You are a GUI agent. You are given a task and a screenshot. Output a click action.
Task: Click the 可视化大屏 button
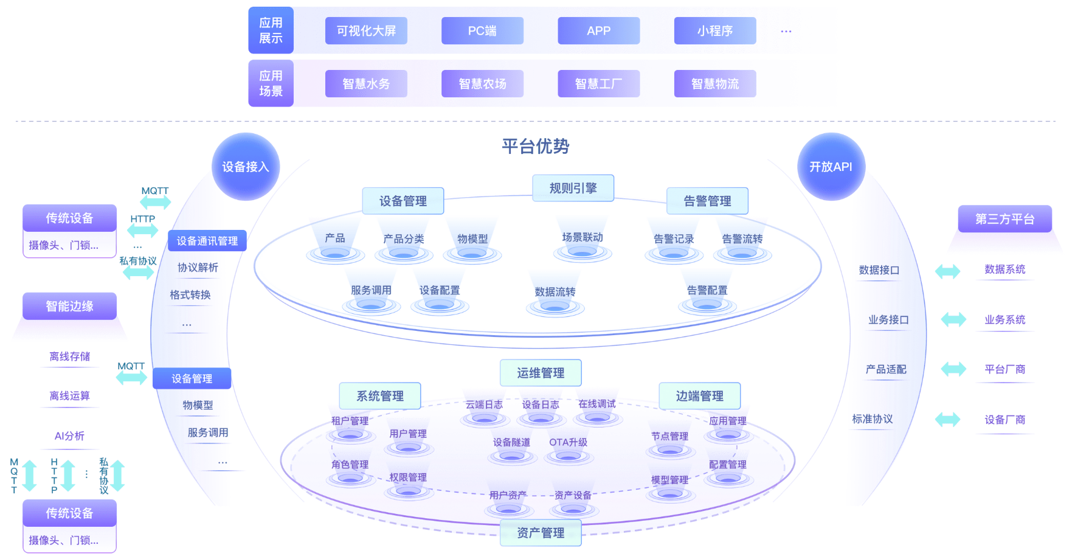click(366, 31)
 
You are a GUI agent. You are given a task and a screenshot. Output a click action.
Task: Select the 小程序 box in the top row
click(714, 31)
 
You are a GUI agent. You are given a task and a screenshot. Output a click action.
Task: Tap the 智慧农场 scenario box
click(482, 84)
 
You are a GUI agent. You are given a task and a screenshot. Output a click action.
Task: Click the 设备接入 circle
click(246, 167)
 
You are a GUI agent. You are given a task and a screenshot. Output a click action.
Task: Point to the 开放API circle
click(831, 167)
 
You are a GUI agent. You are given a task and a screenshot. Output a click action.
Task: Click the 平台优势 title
click(535, 146)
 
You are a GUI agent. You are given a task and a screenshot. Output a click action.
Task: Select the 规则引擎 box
click(573, 188)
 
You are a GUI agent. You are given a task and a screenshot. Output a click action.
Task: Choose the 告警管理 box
click(707, 201)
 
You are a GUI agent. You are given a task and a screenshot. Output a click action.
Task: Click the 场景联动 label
click(582, 237)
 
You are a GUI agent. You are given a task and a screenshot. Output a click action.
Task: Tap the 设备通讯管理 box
click(207, 241)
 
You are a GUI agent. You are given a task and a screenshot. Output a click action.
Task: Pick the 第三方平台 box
click(1004, 219)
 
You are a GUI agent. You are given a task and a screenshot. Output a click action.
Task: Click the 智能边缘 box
click(69, 306)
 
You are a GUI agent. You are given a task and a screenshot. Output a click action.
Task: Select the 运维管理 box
click(541, 373)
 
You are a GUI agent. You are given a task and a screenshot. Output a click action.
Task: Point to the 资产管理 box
click(541, 533)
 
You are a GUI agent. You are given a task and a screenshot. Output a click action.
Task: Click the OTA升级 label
click(568, 442)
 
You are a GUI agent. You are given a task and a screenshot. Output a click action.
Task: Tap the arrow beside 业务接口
click(953, 319)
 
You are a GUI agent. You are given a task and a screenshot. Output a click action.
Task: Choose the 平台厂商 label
click(1004, 369)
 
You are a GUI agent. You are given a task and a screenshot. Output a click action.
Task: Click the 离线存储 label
click(69, 356)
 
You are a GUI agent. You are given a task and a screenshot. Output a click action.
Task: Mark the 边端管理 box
click(699, 396)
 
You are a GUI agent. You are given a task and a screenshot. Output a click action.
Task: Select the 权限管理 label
click(408, 477)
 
